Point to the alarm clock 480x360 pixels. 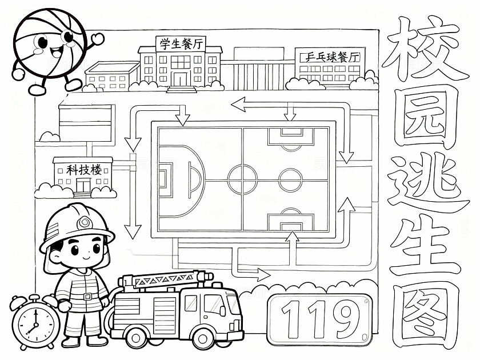35,322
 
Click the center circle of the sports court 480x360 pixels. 242,179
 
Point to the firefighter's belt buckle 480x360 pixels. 87,297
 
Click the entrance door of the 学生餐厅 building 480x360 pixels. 181,79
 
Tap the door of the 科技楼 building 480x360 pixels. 83,186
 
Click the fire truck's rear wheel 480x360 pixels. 135,338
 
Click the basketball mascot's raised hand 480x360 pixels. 98,39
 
